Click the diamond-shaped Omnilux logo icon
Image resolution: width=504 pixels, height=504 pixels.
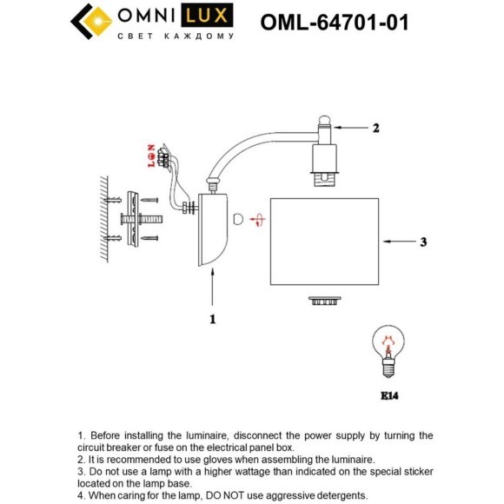click(x=90, y=23)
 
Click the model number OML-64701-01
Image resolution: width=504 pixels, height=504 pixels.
click(x=335, y=23)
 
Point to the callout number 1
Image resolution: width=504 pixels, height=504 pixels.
click(x=212, y=319)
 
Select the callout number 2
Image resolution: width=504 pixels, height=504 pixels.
click(x=375, y=129)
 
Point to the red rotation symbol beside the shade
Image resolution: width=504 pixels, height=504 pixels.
click(x=256, y=221)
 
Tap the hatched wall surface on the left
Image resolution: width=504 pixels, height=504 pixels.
click(x=102, y=221)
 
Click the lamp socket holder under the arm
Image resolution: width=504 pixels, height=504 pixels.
click(x=325, y=165)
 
